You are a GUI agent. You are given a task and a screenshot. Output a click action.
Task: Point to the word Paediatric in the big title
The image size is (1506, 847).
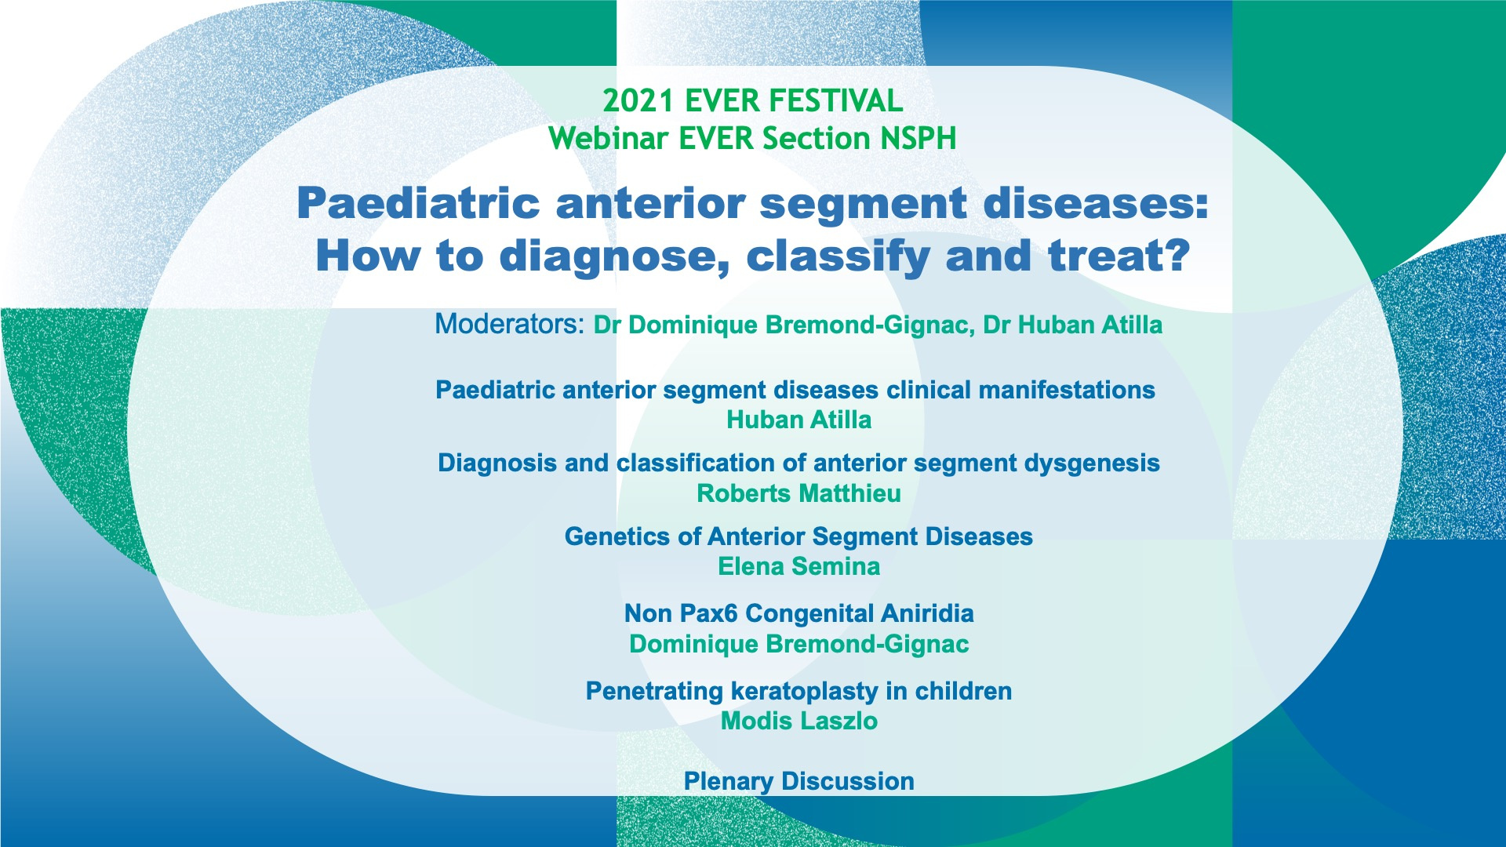coord(417,204)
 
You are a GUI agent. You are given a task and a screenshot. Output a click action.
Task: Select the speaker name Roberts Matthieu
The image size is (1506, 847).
coord(798,493)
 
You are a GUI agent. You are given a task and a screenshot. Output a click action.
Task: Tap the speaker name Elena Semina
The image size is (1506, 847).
coord(798,566)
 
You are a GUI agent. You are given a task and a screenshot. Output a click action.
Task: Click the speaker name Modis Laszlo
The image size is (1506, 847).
coord(798,721)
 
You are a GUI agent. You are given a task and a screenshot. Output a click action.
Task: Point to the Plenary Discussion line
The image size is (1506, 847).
coord(798,781)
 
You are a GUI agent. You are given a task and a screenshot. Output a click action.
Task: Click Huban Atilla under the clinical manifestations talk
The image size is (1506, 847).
coord(798,420)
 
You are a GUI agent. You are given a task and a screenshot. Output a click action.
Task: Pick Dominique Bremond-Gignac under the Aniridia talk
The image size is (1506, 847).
coord(798,644)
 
